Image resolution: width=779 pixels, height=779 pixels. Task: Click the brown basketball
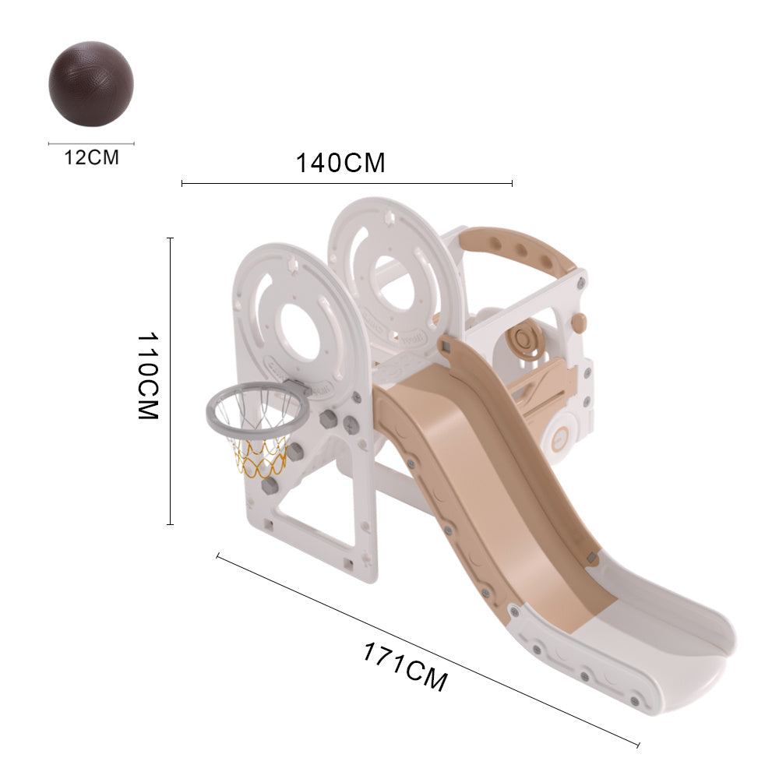[91, 84]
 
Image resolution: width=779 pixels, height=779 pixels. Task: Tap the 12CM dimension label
[91, 157]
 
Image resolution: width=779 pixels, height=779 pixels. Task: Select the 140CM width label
[340, 163]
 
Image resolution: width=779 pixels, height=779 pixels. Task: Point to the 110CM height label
[148, 375]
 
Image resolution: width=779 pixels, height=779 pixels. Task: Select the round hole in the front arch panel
[301, 330]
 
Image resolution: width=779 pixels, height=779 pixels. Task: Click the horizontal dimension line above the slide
[347, 183]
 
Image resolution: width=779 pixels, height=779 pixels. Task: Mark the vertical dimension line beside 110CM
[171, 382]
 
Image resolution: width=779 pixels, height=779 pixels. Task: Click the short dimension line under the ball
[91, 143]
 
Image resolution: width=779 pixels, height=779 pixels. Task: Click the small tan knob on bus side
[578, 321]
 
